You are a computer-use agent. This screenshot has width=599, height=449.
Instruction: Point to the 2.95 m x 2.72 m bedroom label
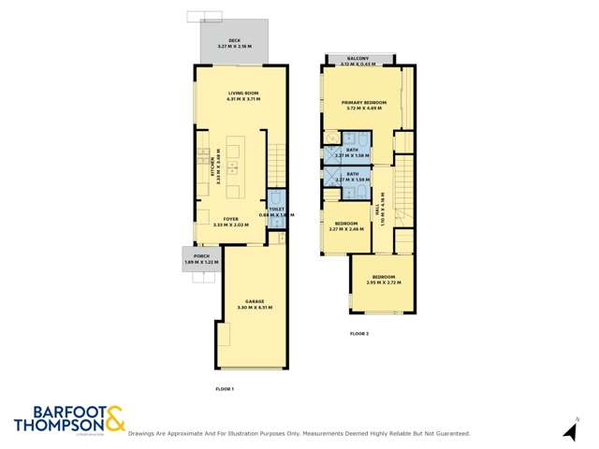(x=383, y=280)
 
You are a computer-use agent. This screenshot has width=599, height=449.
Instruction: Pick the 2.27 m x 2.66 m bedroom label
(x=347, y=226)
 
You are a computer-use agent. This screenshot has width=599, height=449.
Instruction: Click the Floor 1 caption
(x=225, y=387)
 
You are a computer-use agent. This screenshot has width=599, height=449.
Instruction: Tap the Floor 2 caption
(x=360, y=333)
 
